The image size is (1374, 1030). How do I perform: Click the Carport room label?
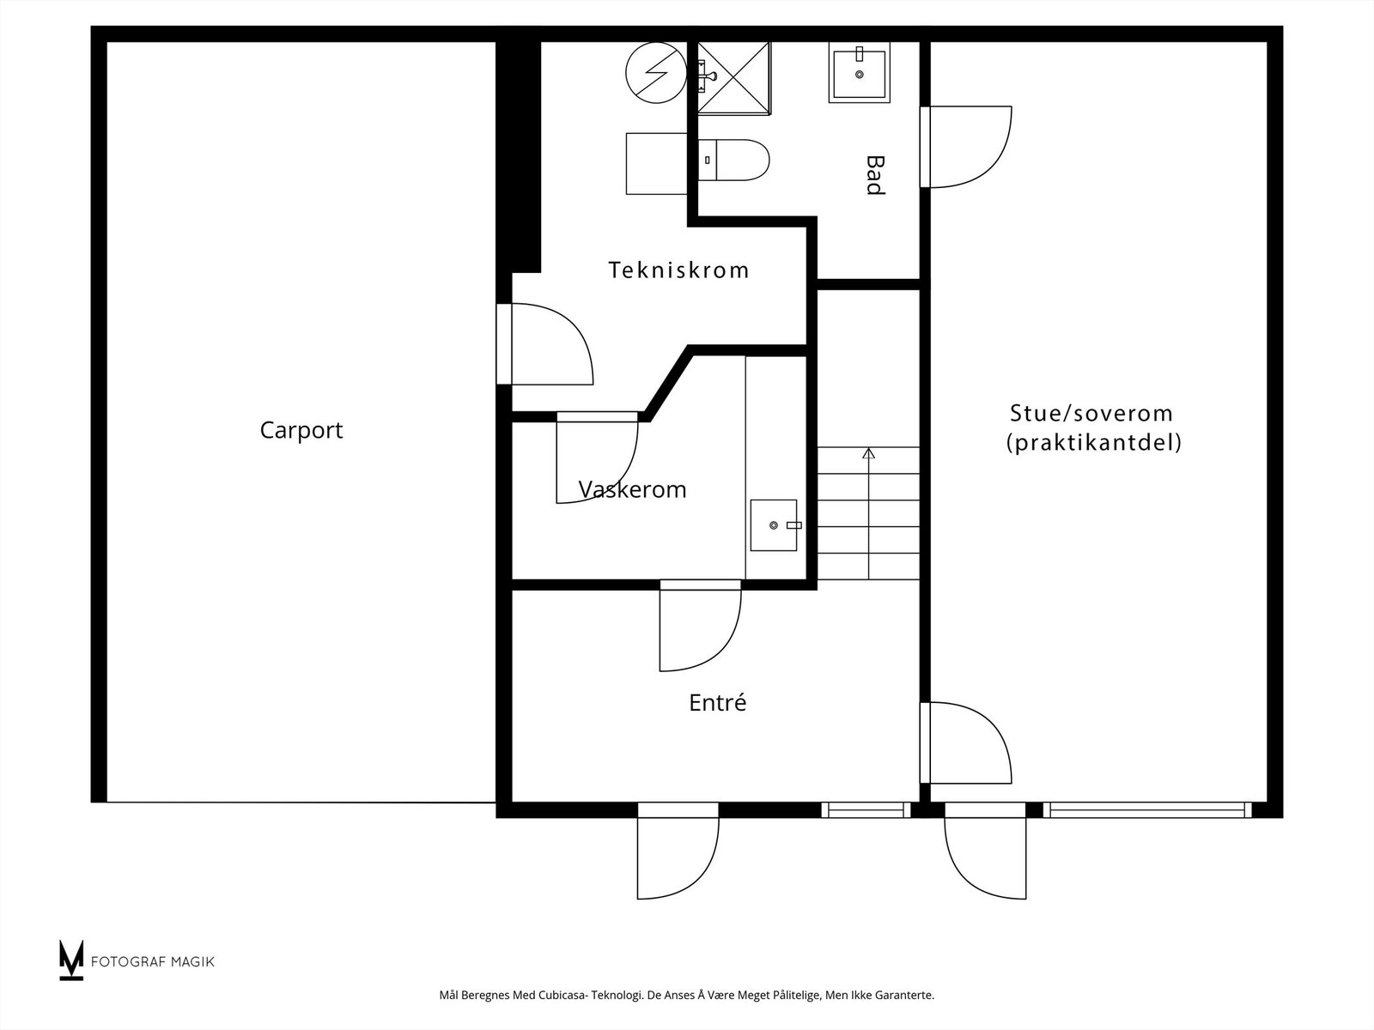[x=301, y=430]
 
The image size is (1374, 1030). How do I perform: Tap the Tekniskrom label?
[x=678, y=270]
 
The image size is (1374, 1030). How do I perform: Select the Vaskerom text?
[x=633, y=490]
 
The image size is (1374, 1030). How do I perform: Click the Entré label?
[x=717, y=703]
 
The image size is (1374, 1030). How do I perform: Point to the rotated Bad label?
[x=874, y=175]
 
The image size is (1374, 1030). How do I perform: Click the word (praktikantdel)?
[x=1094, y=443]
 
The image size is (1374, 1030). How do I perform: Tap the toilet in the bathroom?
[x=735, y=160]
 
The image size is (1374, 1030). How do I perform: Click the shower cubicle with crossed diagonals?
[x=734, y=77]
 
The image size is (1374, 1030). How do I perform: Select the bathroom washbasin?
[x=859, y=72]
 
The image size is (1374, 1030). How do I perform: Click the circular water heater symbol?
[x=656, y=73]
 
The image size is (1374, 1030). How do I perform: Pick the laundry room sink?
[x=774, y=524]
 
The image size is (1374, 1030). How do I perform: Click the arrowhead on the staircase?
[x=868, y=452]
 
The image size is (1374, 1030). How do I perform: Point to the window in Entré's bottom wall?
[x=866, y=809]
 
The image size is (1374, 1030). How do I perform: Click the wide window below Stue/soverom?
[x=1146, y=809]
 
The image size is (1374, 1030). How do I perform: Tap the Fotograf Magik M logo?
[x=71, y=960]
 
